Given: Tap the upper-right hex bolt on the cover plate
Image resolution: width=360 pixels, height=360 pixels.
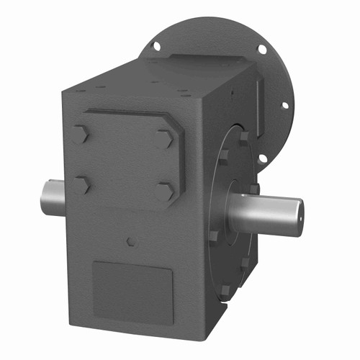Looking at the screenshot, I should (165, 138).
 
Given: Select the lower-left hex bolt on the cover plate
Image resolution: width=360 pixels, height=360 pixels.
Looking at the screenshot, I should (82, 184).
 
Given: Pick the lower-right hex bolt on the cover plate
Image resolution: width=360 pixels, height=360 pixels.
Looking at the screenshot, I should (165, 191).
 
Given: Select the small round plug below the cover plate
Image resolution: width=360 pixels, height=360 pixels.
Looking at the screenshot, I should (130, 240).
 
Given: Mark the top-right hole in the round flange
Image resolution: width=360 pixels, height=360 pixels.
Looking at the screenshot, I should (261, 49).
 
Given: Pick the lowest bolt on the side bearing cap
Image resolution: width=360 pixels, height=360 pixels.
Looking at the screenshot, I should (225, 290).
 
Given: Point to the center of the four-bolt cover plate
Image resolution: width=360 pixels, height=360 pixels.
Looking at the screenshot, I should (124, 161).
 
